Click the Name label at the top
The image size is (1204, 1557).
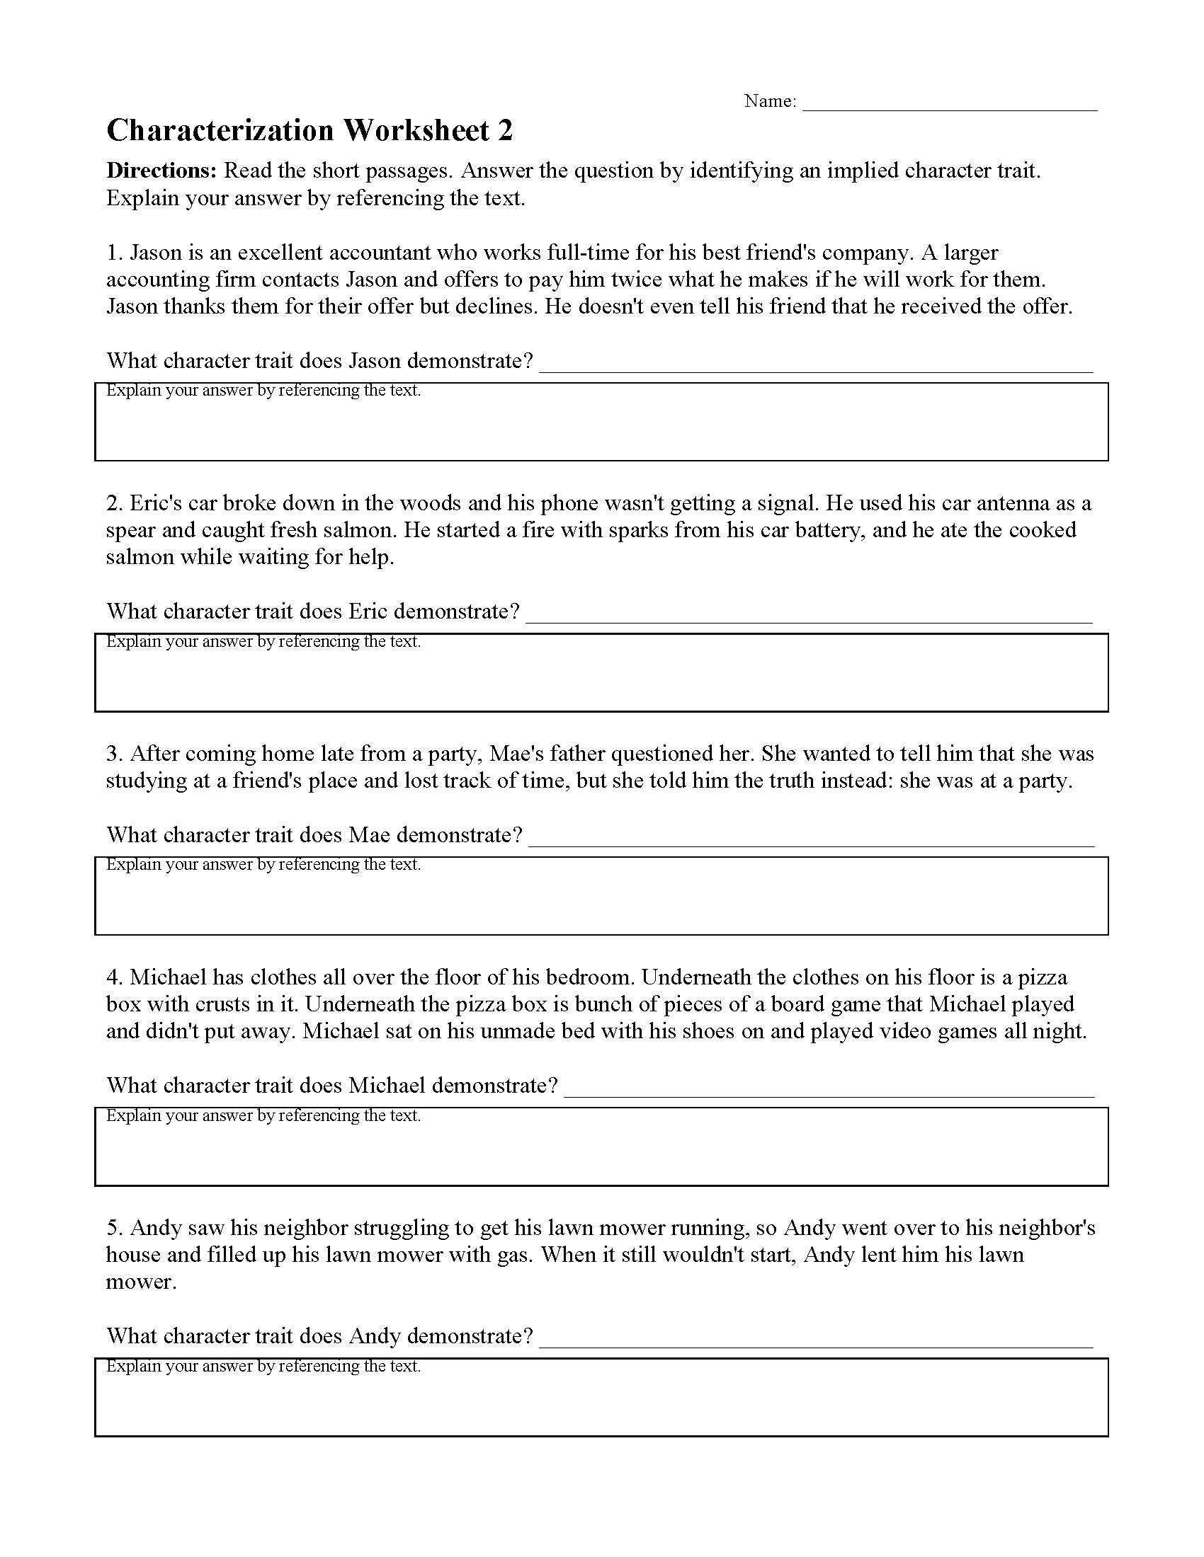770,101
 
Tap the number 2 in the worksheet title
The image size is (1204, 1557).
504,131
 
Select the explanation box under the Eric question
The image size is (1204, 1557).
601,679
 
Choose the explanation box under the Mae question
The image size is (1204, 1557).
601,902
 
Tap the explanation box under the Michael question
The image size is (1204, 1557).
601,1154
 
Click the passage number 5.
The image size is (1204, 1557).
114,1229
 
